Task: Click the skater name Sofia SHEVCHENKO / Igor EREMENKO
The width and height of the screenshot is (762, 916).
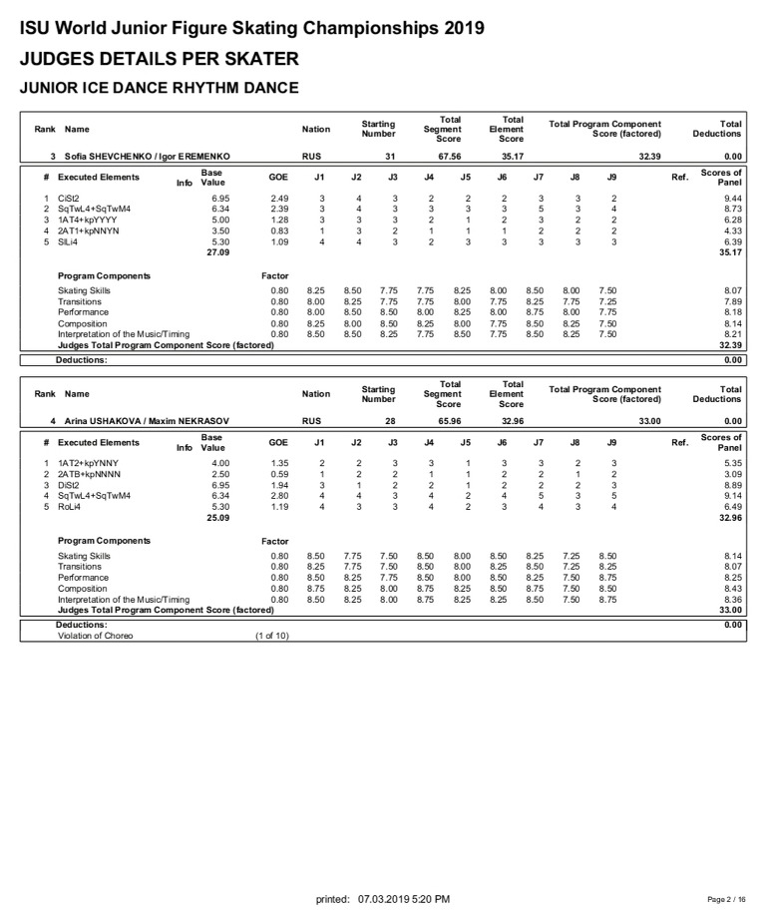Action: click(x=148, y=157)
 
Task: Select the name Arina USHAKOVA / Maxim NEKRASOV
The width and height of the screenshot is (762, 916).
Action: click(x=147, y=421)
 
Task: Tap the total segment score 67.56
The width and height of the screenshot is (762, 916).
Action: click(x=448, y=157)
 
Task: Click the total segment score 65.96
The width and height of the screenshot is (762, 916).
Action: click(x=448, y=421)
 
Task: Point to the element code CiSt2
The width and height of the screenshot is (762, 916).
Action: click(x=70, y=199)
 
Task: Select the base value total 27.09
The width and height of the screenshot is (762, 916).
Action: click(x=216, y=252)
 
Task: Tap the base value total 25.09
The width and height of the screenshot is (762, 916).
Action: click(x=216, y=517)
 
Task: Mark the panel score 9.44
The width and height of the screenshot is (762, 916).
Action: click(x=732, y=199)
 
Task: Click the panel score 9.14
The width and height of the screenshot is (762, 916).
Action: click(x=732, y=495)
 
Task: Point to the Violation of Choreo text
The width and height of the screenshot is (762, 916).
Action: click(x=95, y=636)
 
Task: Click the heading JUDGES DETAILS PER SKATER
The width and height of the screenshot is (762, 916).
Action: click(x=160, y=58)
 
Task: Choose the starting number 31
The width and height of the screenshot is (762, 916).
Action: click(x=391, y=157)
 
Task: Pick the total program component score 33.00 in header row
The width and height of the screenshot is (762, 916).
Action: click(x=649, y=421)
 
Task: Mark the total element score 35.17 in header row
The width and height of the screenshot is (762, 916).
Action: click(x=512, y=157)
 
